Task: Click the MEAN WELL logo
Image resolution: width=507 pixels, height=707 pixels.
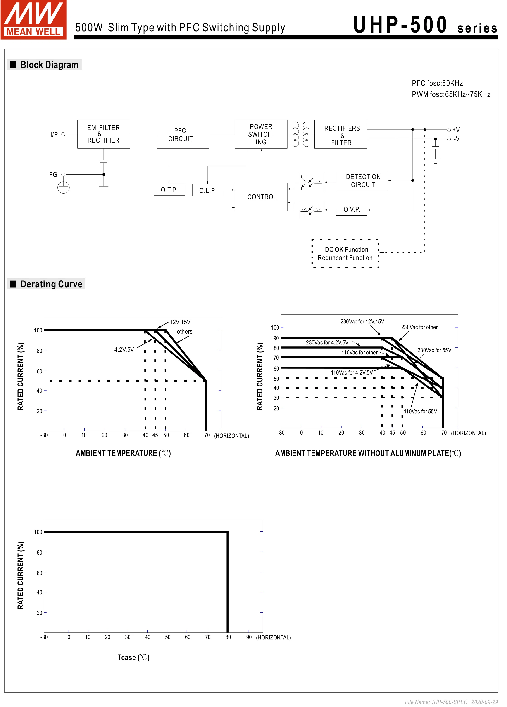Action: [x=33, y=19]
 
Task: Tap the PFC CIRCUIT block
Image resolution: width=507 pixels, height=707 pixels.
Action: [x=183, y=134]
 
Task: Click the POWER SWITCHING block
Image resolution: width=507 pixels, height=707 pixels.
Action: [x=261, y=134]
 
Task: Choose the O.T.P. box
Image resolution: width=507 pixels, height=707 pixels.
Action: [x=169, y=190]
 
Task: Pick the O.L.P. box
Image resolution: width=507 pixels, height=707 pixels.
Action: [x=208, y=190]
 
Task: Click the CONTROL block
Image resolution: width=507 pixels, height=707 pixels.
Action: [x=261, y=197]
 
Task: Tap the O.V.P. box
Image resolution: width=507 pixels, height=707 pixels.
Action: [x=352, y=209]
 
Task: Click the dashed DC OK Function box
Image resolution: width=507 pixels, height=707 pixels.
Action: [x=345, y=253]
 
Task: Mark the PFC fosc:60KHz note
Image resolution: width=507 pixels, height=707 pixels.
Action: [x=437, y=83]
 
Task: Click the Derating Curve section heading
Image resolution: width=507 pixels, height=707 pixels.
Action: [x=51, y=284]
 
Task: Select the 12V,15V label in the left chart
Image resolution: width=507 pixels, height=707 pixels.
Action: [x=180, y=322]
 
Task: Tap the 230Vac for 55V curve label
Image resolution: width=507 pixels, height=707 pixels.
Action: [x=434, y=350]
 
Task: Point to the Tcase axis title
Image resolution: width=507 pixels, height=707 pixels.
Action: [x=134, y=658]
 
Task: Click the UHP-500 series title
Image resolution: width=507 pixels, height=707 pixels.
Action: [x=425, y=26]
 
